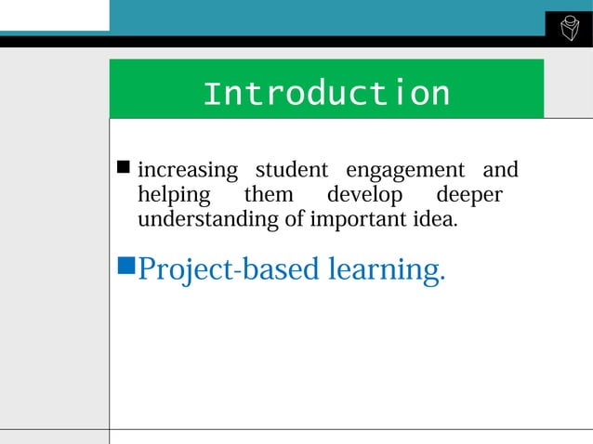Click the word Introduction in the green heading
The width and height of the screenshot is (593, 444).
point(326,94)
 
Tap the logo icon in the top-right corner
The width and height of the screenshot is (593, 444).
point(569,29)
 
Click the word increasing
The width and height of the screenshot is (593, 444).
point(188,171)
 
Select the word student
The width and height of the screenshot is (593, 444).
point(292,171)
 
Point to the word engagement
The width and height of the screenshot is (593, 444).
point(404,172)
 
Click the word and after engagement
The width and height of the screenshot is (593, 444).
point(500,171)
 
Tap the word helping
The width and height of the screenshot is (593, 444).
point(174,196)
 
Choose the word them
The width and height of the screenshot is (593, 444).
point(268,196)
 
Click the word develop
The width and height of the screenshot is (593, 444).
point(364,197)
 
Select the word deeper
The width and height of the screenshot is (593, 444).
point(469,197)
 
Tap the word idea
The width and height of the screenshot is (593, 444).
point(433,220)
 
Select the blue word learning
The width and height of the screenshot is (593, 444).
point(386,270)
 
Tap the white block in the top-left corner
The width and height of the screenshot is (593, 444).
point(54,15)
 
